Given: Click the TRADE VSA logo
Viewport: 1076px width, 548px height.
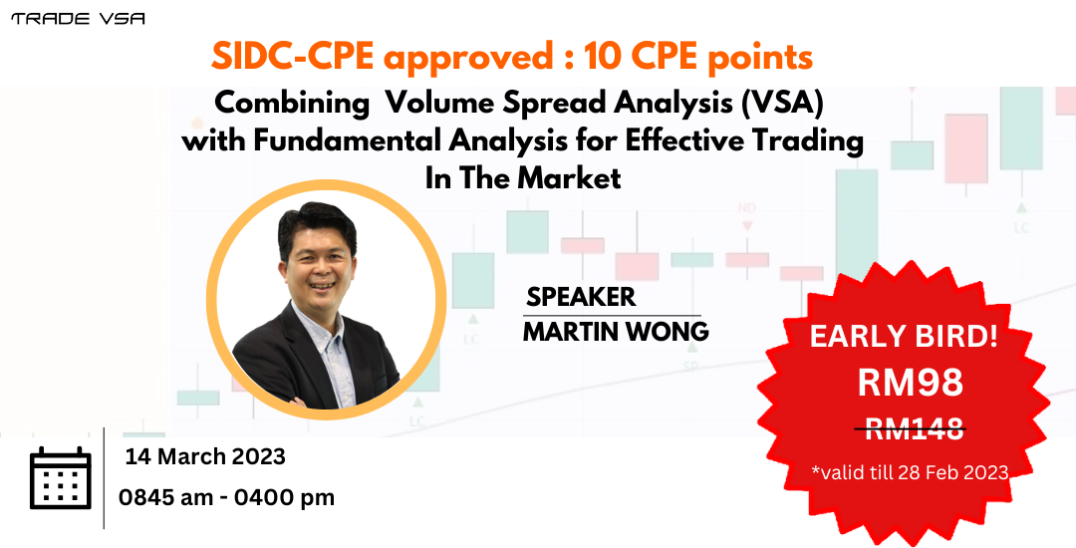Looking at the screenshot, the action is [x=78, y=19].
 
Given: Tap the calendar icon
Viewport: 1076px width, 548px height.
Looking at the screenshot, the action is [x=61, y=478].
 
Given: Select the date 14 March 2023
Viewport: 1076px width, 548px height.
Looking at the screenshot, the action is [x=205, y=456].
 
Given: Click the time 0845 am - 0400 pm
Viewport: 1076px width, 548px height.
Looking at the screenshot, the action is [x=226, y=497].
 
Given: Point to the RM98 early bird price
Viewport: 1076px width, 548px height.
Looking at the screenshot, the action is [x=910, y=382].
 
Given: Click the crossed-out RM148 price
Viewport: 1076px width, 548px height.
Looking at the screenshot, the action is [x=910, y=429].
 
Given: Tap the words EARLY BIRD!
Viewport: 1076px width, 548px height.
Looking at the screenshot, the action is [x=904, y=336].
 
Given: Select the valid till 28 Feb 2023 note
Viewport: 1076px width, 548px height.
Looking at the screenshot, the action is [x=910, y=472].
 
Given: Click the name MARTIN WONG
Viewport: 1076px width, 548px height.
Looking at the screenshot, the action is [x=616, y=331].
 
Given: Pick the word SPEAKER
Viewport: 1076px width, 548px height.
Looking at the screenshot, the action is [x=581, y=297].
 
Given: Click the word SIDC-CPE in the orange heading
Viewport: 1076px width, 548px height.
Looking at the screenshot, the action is [x=292, y=56].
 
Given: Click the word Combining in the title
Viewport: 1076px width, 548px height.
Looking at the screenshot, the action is [x=292, y=104].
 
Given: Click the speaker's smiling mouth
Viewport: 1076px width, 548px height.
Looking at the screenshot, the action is [x=321, y=284].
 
